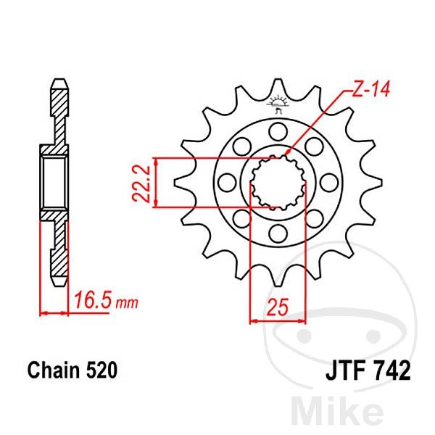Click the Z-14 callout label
371,88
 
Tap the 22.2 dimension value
141,183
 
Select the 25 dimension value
278,307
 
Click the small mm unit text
127,304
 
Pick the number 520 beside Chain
101,370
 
